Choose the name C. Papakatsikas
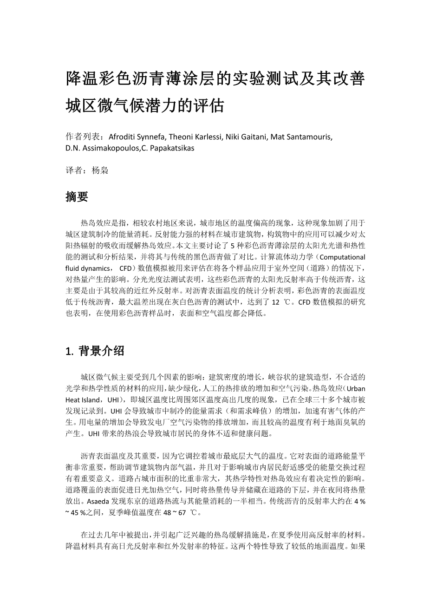pyautogui.click(x=168, y=149)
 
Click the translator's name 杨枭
pyautogui.click(x=100, y=170)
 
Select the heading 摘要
pyautogui.click(x=77, y=197)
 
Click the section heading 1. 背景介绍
pyautogui.click(x=95, y=351)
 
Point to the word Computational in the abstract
pyautogui.click(x=343, y=257)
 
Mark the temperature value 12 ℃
pyautogui.click(x=282, y=302)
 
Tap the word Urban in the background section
pyautogui.click(x=356, y=388)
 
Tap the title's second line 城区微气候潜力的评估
pyautogui.click(x=145, y=105)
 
